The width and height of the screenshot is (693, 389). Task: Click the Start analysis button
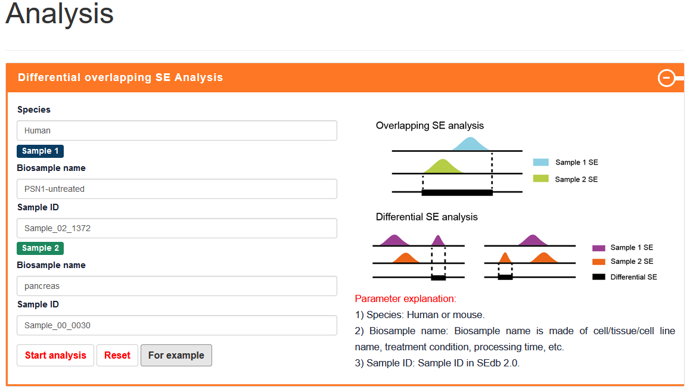tap(55, 356)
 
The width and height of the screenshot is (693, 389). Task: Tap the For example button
tap(176, 356)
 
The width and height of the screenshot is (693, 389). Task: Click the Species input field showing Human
tap(177, 130)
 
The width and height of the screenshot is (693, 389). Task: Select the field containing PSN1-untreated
tap(177, 189)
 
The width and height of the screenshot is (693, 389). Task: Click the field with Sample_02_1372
tap(177, 228)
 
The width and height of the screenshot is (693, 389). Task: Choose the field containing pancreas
tap(177, 286)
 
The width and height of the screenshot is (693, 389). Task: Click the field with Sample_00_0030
tap(177, 325)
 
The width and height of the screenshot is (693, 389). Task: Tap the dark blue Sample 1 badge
tap(40, 151)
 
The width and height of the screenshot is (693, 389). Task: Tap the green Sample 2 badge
tap(40, 248)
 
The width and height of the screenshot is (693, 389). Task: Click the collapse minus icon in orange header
tap(666, 78)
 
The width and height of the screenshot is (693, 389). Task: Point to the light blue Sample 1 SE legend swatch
tap(541, 162)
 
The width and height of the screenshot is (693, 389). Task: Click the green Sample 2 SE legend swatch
tap(541, 179)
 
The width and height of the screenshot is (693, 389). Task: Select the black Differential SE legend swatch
tap(599, 277)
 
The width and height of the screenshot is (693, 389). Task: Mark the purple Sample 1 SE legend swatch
tap(599, 248)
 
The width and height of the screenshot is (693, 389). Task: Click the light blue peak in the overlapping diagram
tap(471, 145)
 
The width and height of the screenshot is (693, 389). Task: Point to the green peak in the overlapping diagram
tap(443, 167)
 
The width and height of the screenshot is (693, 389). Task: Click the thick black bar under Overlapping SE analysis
tap(457, 192)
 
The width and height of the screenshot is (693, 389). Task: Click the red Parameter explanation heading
tap(405, 299)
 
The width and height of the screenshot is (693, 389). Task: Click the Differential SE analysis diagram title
tap(427, 217)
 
